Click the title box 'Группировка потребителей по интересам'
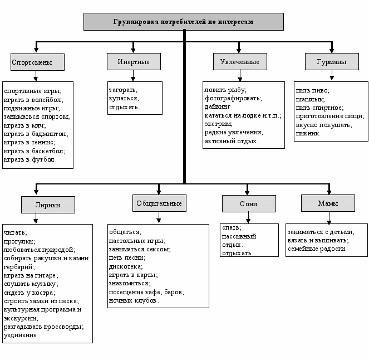[x=184, y=22]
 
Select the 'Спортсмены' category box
[x=37, y=62]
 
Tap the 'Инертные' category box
[x=134, y=62]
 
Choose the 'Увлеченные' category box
[x=240, y=62]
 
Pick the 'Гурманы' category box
[x=332, y=62]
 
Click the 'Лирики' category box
[x=48, y=205]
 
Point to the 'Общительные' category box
[x=159, y=203]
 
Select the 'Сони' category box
[x=249, y=204]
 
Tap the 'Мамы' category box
[x=328, y=203]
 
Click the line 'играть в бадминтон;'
[x=36, y=134]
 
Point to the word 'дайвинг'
[x=218, y=107]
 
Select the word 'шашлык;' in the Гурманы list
[x=310, y=99]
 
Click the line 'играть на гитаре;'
[x=31, y=276]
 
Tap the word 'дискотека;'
[x=126, y=267]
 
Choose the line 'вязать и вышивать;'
[x=318, y=241]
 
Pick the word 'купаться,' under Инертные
[x=124, y=99]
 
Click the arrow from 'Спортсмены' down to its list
[x=36, y=76]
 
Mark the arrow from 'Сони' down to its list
[x=248, y=218]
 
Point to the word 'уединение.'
[x=21, y=335]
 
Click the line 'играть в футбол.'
[x=30, y=160]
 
